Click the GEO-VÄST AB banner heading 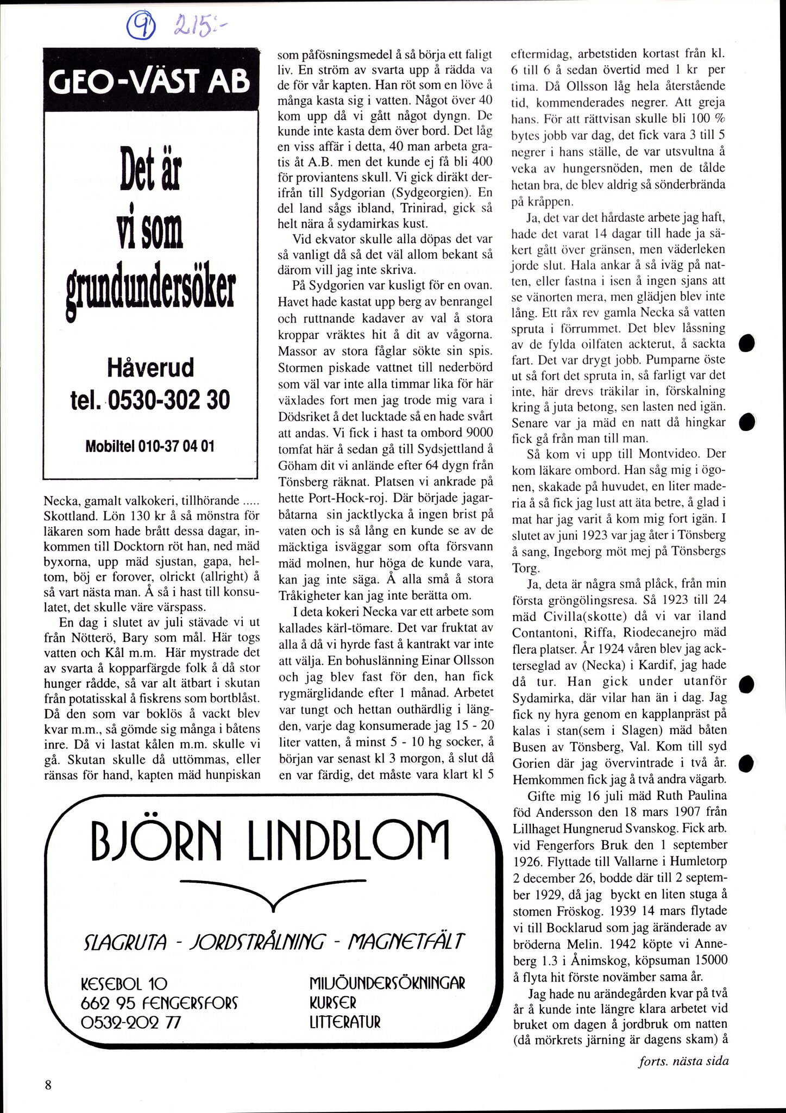149,82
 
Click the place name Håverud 150,368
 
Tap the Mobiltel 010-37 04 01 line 150,447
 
